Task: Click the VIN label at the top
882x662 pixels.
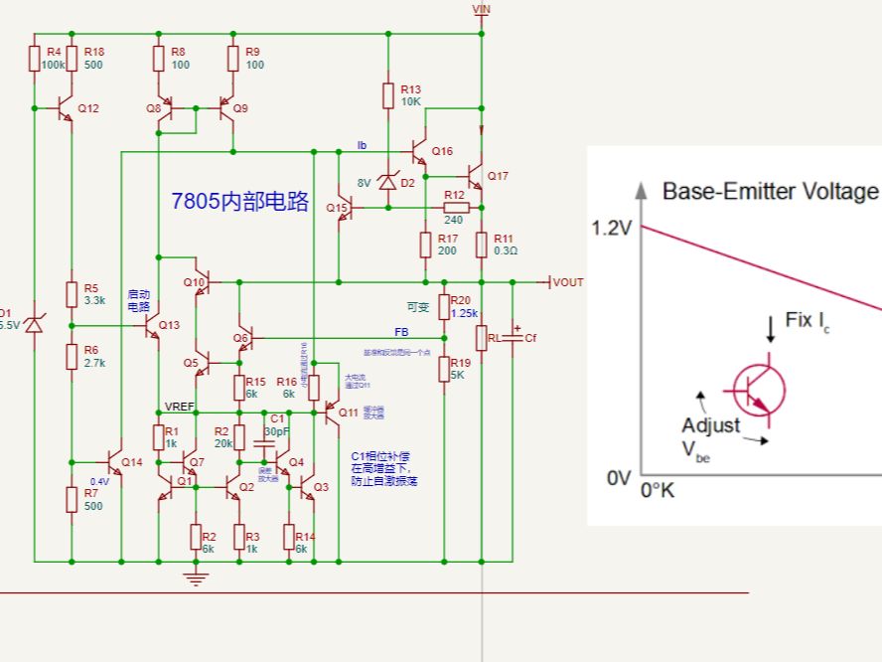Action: point(482,9)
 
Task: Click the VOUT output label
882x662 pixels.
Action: point(568,282)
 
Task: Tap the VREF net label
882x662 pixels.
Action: point(179,407)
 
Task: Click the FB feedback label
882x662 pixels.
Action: point(401,331)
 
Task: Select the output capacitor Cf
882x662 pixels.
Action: point(514,338)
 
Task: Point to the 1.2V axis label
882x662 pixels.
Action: point(612,228)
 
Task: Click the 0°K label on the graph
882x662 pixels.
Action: point(658,490)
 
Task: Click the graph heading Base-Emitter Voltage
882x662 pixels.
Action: point(770,191)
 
